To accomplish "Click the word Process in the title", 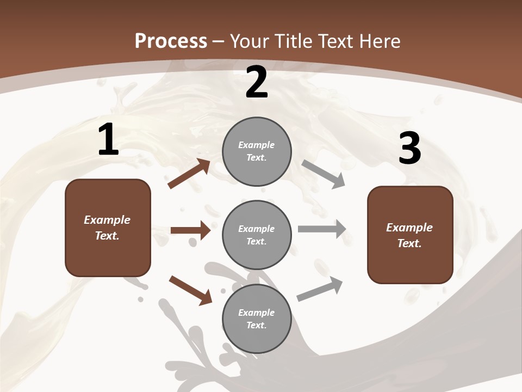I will [171, 41].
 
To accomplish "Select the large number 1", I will [108, 140].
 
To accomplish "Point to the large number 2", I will [257, 83].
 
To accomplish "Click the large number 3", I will [409, 149].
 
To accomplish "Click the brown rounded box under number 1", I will [108, 228].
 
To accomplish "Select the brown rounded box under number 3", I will [410, 235].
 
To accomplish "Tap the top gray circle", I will [257, 151].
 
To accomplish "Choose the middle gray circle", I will [257, 235].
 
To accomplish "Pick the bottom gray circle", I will [257, 319].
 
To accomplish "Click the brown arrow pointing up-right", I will [189, 174].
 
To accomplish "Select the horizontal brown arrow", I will [190, 230].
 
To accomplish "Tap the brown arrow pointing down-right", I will [190, 290].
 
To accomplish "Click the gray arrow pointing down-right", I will [323, 174].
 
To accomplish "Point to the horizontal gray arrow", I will [321, 229].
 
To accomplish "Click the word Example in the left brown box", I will [107, 220].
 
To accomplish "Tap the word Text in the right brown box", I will [409, 243].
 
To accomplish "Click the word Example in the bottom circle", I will [256, 313].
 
